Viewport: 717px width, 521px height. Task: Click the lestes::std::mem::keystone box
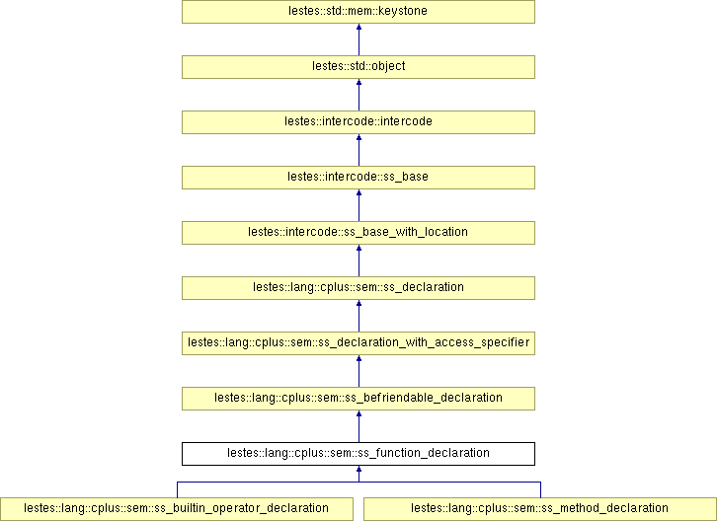[358, 12]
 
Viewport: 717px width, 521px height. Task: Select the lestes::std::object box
[358, 67]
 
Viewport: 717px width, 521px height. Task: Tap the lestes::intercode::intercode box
[358, 122]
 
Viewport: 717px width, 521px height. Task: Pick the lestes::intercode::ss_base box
[358, 178]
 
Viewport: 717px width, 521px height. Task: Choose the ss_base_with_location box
[358, 233]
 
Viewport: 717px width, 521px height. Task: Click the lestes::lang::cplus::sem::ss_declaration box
[358, 288]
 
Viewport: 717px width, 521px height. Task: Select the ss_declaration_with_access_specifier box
[358, 343]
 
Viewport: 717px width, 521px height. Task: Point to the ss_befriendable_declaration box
[358, 399]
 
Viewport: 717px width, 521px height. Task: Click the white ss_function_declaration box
[358, 454]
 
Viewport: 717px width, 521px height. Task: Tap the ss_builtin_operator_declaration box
[177, 509]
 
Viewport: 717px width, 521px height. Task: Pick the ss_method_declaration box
[540, 509]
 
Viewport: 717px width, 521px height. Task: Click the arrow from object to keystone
[358, 39]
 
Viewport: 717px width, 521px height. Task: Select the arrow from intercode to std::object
[358, 95]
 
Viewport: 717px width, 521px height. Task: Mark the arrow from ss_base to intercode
[358, 150]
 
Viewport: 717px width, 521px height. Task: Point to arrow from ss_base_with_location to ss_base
[358, 205]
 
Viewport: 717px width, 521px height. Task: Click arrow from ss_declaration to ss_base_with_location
[358, 260]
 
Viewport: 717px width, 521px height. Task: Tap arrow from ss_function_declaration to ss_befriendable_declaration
[358, 426]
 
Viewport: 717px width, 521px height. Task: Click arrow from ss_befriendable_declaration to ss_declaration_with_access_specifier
[358, 371]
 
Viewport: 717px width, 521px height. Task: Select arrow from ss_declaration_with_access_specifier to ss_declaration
[358, 316]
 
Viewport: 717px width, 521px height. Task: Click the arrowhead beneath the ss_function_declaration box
[358, 469]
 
